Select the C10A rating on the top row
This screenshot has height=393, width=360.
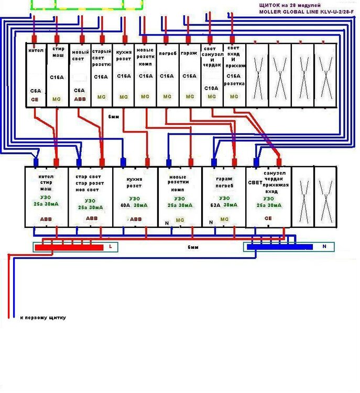pos(211,89)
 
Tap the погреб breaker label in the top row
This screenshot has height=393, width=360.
pos(167,53)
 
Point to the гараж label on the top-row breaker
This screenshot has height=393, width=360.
pos(189,53)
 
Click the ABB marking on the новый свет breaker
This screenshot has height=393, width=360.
pos(80,98)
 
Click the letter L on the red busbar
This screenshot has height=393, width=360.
pos(111,246)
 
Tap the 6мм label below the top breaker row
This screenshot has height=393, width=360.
pos(113,116)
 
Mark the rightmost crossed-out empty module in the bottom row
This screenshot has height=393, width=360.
pos(325,197)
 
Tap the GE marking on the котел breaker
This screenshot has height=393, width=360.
pos(35,98)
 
